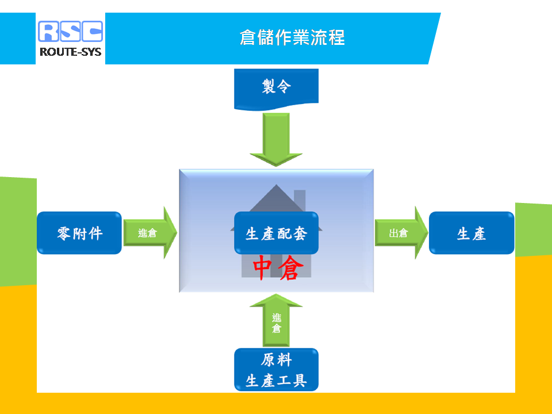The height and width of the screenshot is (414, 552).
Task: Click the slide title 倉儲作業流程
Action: coord(292,37)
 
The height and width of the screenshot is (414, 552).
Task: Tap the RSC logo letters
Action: coord(70,31)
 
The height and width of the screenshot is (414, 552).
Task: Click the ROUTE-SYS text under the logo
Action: coord(70,52)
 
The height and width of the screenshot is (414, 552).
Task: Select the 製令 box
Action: coord(277,89)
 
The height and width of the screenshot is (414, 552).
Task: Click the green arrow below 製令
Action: coord(277,139)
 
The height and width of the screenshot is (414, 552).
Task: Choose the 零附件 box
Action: coord(79,233)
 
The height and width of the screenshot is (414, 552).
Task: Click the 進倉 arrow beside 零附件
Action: coord(150,233)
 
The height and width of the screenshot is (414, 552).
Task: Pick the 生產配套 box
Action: coord(277,233)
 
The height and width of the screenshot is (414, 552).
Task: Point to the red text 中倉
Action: coord(278,268)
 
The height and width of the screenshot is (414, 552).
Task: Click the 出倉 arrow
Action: coord(401,233)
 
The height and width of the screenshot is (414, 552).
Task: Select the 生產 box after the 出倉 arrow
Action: coord(471,233)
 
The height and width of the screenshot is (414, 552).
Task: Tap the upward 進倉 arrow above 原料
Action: coord(277,320)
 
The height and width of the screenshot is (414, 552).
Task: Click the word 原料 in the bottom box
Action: coord(277,360)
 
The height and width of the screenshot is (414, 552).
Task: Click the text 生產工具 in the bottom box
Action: coord(277,381)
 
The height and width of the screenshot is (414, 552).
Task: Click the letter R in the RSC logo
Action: coord(49,31)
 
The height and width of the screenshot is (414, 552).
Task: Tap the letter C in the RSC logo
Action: coord(92,31)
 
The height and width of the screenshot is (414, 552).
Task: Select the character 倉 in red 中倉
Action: coord(291,268)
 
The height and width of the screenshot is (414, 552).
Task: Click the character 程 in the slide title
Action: coord(336,37)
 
